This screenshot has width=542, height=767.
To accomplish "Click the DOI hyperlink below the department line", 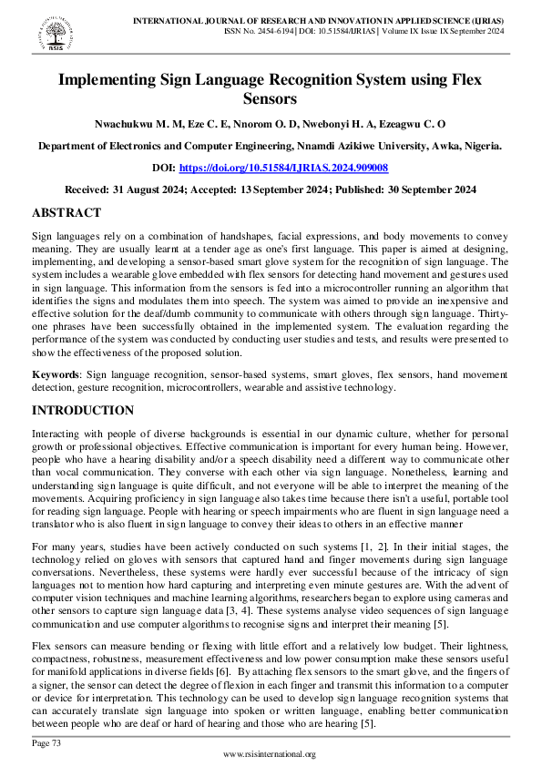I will click(283, 168).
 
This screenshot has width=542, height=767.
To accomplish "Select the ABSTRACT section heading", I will click(66, 212).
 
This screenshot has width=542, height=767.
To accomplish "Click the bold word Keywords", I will click(55, 374).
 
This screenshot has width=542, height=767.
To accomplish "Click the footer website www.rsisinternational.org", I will click(270, 754).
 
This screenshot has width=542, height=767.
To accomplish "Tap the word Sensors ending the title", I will click(271, 99).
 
